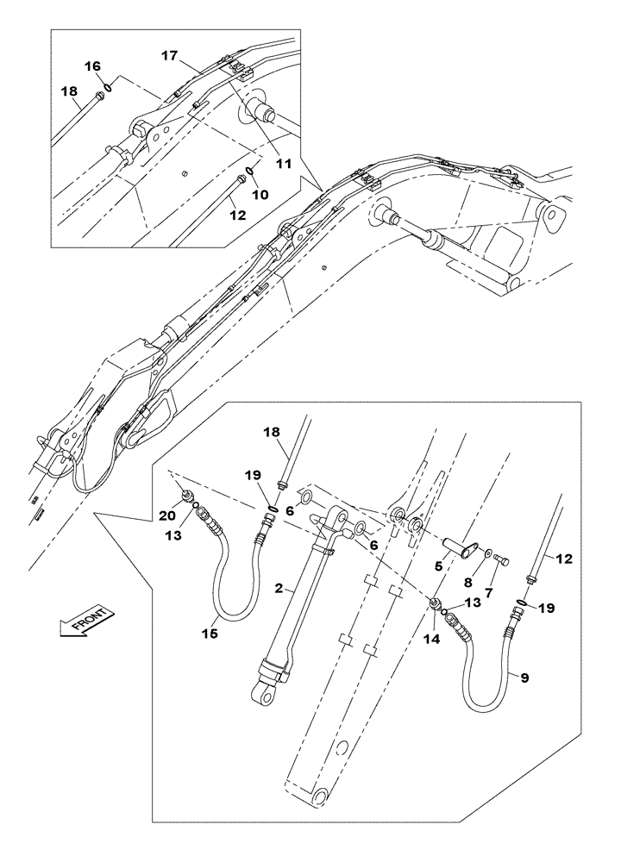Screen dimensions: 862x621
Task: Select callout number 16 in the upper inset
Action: pos(91,66)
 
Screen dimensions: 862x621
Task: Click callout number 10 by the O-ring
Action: pos(260,195)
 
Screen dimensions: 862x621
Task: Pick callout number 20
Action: pos(166,515)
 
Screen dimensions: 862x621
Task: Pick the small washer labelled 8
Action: pos(488,552)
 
